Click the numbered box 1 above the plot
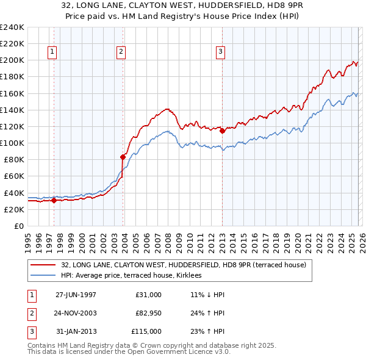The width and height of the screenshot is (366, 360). coord(53,52)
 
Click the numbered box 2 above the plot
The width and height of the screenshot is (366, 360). coord(122,52)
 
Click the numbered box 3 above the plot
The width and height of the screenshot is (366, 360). coord(220,52)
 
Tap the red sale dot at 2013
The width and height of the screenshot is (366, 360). coord(222,131)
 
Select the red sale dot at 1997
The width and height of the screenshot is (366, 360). coord(54,200)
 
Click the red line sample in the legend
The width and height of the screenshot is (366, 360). coord(43,265)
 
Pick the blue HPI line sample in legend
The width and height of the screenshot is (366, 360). coord(43,275)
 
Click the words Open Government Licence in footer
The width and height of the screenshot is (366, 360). coord(176,352)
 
